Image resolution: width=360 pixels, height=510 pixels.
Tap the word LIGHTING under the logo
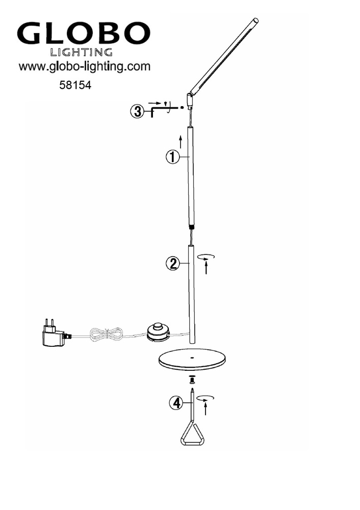tap(81, 52)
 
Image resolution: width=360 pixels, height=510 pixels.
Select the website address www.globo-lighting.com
tap(85, 67)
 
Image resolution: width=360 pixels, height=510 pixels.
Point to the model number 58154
tap(75, 85)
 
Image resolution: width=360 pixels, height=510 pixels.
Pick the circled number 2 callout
tap(173, 263)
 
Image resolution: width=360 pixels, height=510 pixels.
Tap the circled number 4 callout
tap(176, 403)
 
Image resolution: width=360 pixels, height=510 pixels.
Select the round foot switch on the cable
tap(158, 332)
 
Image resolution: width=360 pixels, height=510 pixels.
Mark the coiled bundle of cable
tap(106, 334)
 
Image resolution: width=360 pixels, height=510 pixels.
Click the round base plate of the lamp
tap(192, 360)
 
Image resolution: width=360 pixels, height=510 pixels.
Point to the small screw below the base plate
tap(192, 379)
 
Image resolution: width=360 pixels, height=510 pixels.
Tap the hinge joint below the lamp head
tap(189, 100)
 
